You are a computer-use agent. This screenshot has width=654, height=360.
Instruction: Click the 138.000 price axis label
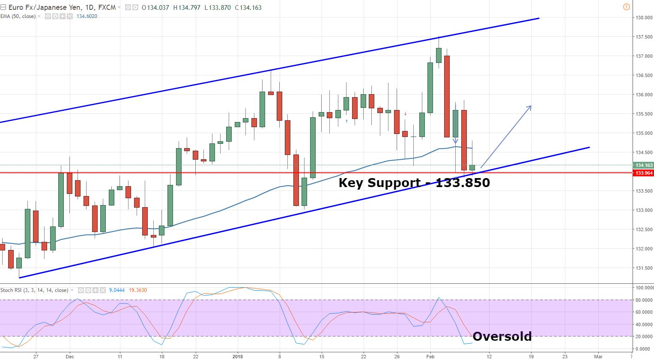[644, 18]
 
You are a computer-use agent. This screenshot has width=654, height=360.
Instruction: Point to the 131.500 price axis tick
[644, 268]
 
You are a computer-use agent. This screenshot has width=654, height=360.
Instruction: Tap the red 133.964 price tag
[644, 173]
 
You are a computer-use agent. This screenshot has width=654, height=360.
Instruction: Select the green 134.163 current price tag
[644, 165]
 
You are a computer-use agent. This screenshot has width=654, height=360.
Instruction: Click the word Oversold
[502, 336]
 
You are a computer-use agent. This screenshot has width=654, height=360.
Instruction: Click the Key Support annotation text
[414, 183]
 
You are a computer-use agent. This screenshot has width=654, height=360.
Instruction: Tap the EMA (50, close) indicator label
[18, 16]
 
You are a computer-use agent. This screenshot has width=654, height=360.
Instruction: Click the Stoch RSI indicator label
[34, 290]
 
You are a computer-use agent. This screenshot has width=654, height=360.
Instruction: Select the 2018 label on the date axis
[237, 356]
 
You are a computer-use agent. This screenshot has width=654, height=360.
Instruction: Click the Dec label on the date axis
[70, 356]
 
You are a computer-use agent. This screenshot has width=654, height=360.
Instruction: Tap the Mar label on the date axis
[598, 356]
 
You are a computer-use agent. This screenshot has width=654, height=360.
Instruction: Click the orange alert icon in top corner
[627, 7]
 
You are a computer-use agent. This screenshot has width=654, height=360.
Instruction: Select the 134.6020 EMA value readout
[87, 16]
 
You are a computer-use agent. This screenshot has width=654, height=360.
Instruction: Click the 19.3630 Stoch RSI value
[138, 290]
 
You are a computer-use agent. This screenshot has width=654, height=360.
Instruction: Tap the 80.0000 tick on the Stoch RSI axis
[644, 300]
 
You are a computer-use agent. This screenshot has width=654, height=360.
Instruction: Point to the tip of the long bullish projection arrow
[531, 106]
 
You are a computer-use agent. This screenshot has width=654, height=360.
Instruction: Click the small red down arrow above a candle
[405, 114]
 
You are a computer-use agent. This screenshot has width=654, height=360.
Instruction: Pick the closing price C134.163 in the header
[248, 7]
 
